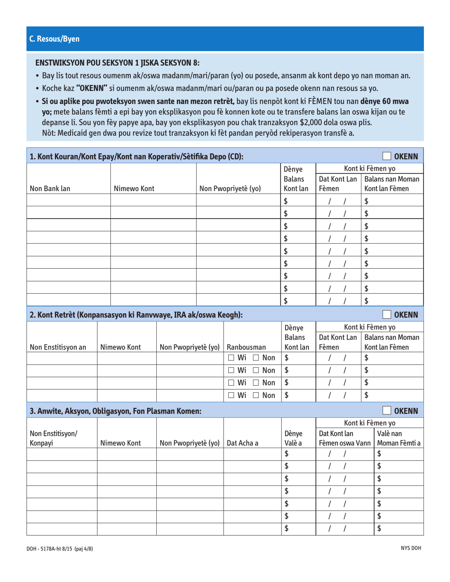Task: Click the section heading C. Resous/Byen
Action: tap(54, 39)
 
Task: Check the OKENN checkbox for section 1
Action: tap(387, 157)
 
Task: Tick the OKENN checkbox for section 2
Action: tap(387, 315)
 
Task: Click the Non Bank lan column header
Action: tap(50, 189)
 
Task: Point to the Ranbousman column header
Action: tap(245, 348)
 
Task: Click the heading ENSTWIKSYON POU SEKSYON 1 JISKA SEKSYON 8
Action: tap(117, 63)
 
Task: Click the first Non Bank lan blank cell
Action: tap(69, 201)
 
